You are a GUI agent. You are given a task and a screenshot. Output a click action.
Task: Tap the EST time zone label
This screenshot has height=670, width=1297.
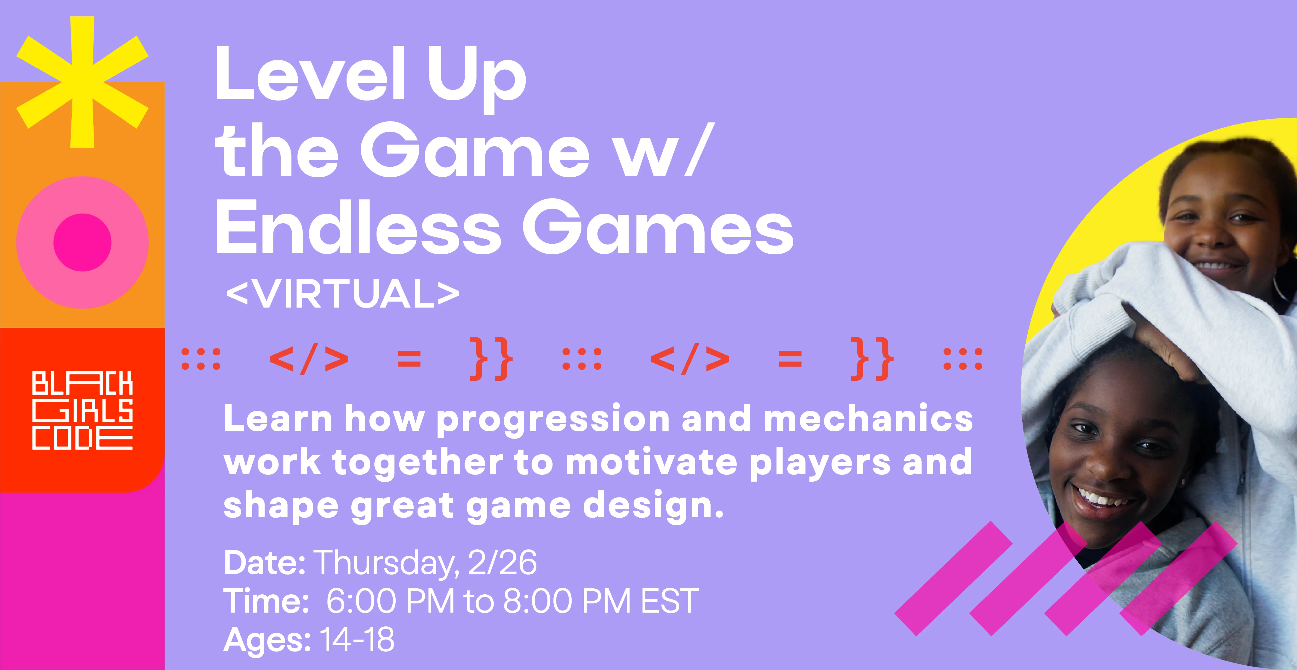[670, 601]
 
